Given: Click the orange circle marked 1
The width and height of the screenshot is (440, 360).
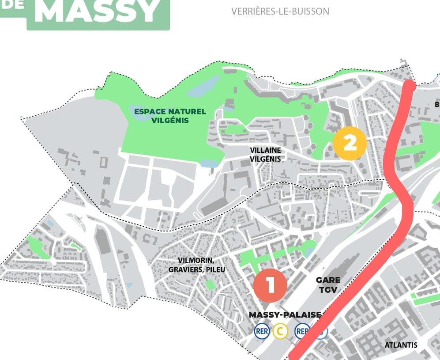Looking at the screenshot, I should tap(270, 285).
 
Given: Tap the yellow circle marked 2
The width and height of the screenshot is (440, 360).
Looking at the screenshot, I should tap(350, 143).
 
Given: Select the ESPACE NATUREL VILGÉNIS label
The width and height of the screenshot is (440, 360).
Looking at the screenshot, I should tap(170, 116).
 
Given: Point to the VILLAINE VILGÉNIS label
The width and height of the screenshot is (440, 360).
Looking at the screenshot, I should tap(265, 155).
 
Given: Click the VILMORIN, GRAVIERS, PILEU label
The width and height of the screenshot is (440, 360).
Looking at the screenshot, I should tap(197, 265).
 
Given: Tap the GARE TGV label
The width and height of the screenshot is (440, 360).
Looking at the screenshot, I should tap(328, 285).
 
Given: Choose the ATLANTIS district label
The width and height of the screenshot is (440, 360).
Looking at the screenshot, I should tap(401, 345).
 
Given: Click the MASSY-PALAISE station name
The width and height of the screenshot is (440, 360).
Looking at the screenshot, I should tap(285, 315).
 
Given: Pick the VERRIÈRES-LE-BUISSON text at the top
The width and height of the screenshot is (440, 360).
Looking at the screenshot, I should tap(280, 11).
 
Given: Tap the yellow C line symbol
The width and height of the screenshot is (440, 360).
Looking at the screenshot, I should tap(280, 331).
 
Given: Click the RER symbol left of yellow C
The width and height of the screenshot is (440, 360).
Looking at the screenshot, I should tap(262, 331).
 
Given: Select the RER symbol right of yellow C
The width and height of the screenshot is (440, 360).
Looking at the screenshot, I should tap(302, 331).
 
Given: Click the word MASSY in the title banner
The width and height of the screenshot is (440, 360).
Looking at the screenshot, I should tap(97, 12).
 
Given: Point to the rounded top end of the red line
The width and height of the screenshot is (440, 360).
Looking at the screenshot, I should tap(410, 85).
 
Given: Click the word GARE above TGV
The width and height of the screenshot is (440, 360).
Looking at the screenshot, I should tap(328, 280).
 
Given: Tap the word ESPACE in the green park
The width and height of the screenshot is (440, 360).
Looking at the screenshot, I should tap(149, 111).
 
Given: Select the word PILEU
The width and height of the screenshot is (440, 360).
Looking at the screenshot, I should tap(214, 269).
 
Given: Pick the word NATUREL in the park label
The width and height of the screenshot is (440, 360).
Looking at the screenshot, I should tap(187, 111).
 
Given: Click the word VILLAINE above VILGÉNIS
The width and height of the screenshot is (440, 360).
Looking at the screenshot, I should tap(265, 150).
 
